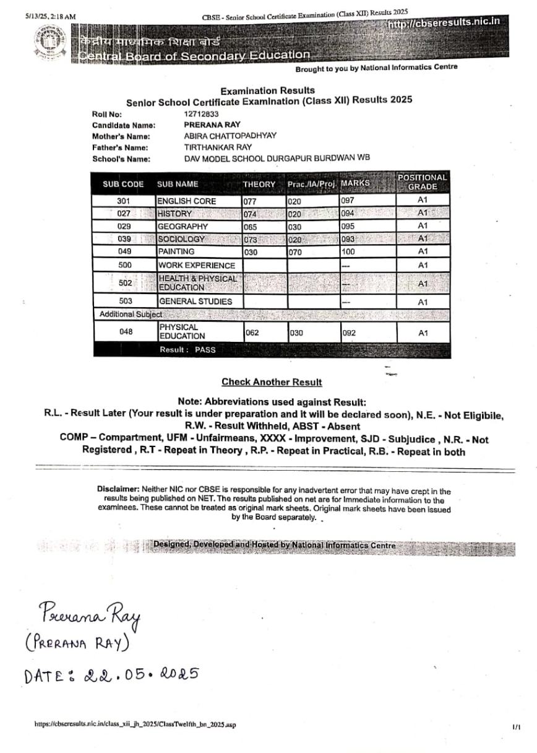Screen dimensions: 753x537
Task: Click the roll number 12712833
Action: coord(201,114)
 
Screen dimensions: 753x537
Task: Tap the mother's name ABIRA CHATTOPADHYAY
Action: coord(230,136)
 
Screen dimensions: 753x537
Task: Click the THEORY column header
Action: coord(259,184)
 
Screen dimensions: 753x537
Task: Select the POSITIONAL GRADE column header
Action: coord(423,182)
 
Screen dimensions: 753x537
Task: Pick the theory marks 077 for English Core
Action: coord(250,201)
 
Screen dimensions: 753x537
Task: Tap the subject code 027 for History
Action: coord(124,214)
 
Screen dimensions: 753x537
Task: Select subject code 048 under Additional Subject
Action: coord(126,332)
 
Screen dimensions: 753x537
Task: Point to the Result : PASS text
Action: coord(187,350)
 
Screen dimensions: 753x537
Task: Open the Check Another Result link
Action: coord(272,382)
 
